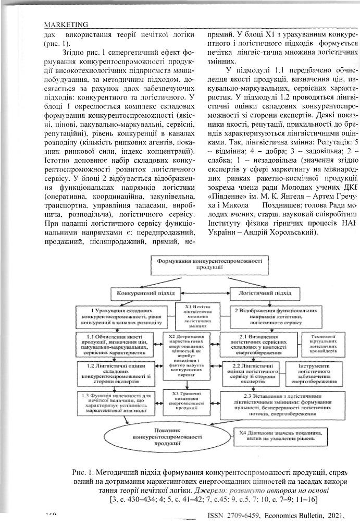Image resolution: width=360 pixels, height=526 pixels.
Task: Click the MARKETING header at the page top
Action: [66, 25]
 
